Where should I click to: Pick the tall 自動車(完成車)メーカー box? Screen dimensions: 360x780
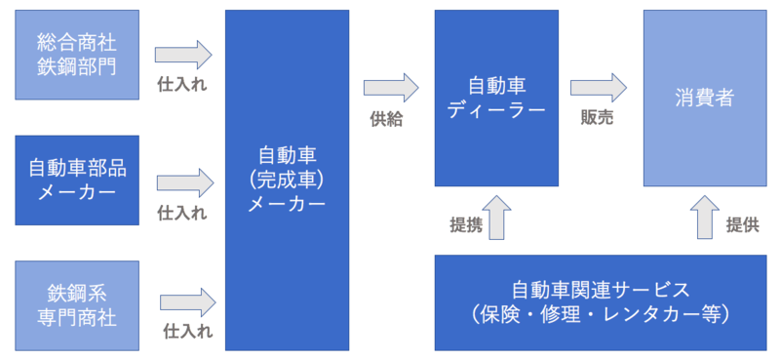point(287,180)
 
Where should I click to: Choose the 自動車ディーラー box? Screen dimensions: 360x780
point(497,98)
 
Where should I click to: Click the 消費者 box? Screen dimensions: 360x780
point(704,98)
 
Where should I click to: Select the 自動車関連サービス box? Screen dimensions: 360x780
point(601,302)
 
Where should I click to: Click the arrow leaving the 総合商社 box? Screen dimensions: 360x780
point(183,55)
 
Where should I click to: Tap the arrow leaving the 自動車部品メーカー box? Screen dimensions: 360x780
point(183,181)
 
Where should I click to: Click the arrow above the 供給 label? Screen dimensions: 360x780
point(389,89)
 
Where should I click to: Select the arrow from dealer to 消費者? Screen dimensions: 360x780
point(598,88)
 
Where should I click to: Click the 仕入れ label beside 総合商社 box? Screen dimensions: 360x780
point(182,85)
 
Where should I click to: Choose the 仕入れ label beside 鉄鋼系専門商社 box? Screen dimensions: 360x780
point(187,332)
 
